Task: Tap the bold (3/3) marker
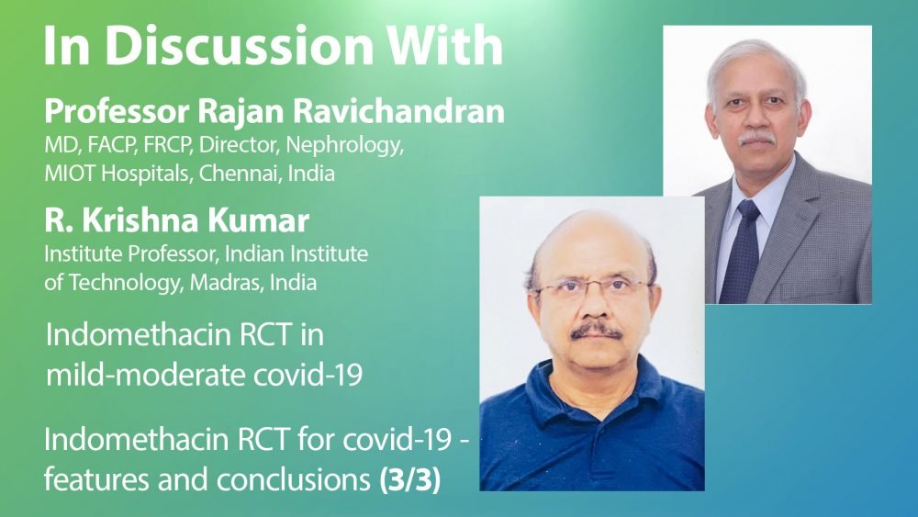point(409,479)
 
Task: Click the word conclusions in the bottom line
point(294,479)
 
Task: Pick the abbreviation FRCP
point(168,144)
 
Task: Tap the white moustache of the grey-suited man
point(756,140)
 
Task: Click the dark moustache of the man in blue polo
point(596,332)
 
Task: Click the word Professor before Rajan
point(117,111)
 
